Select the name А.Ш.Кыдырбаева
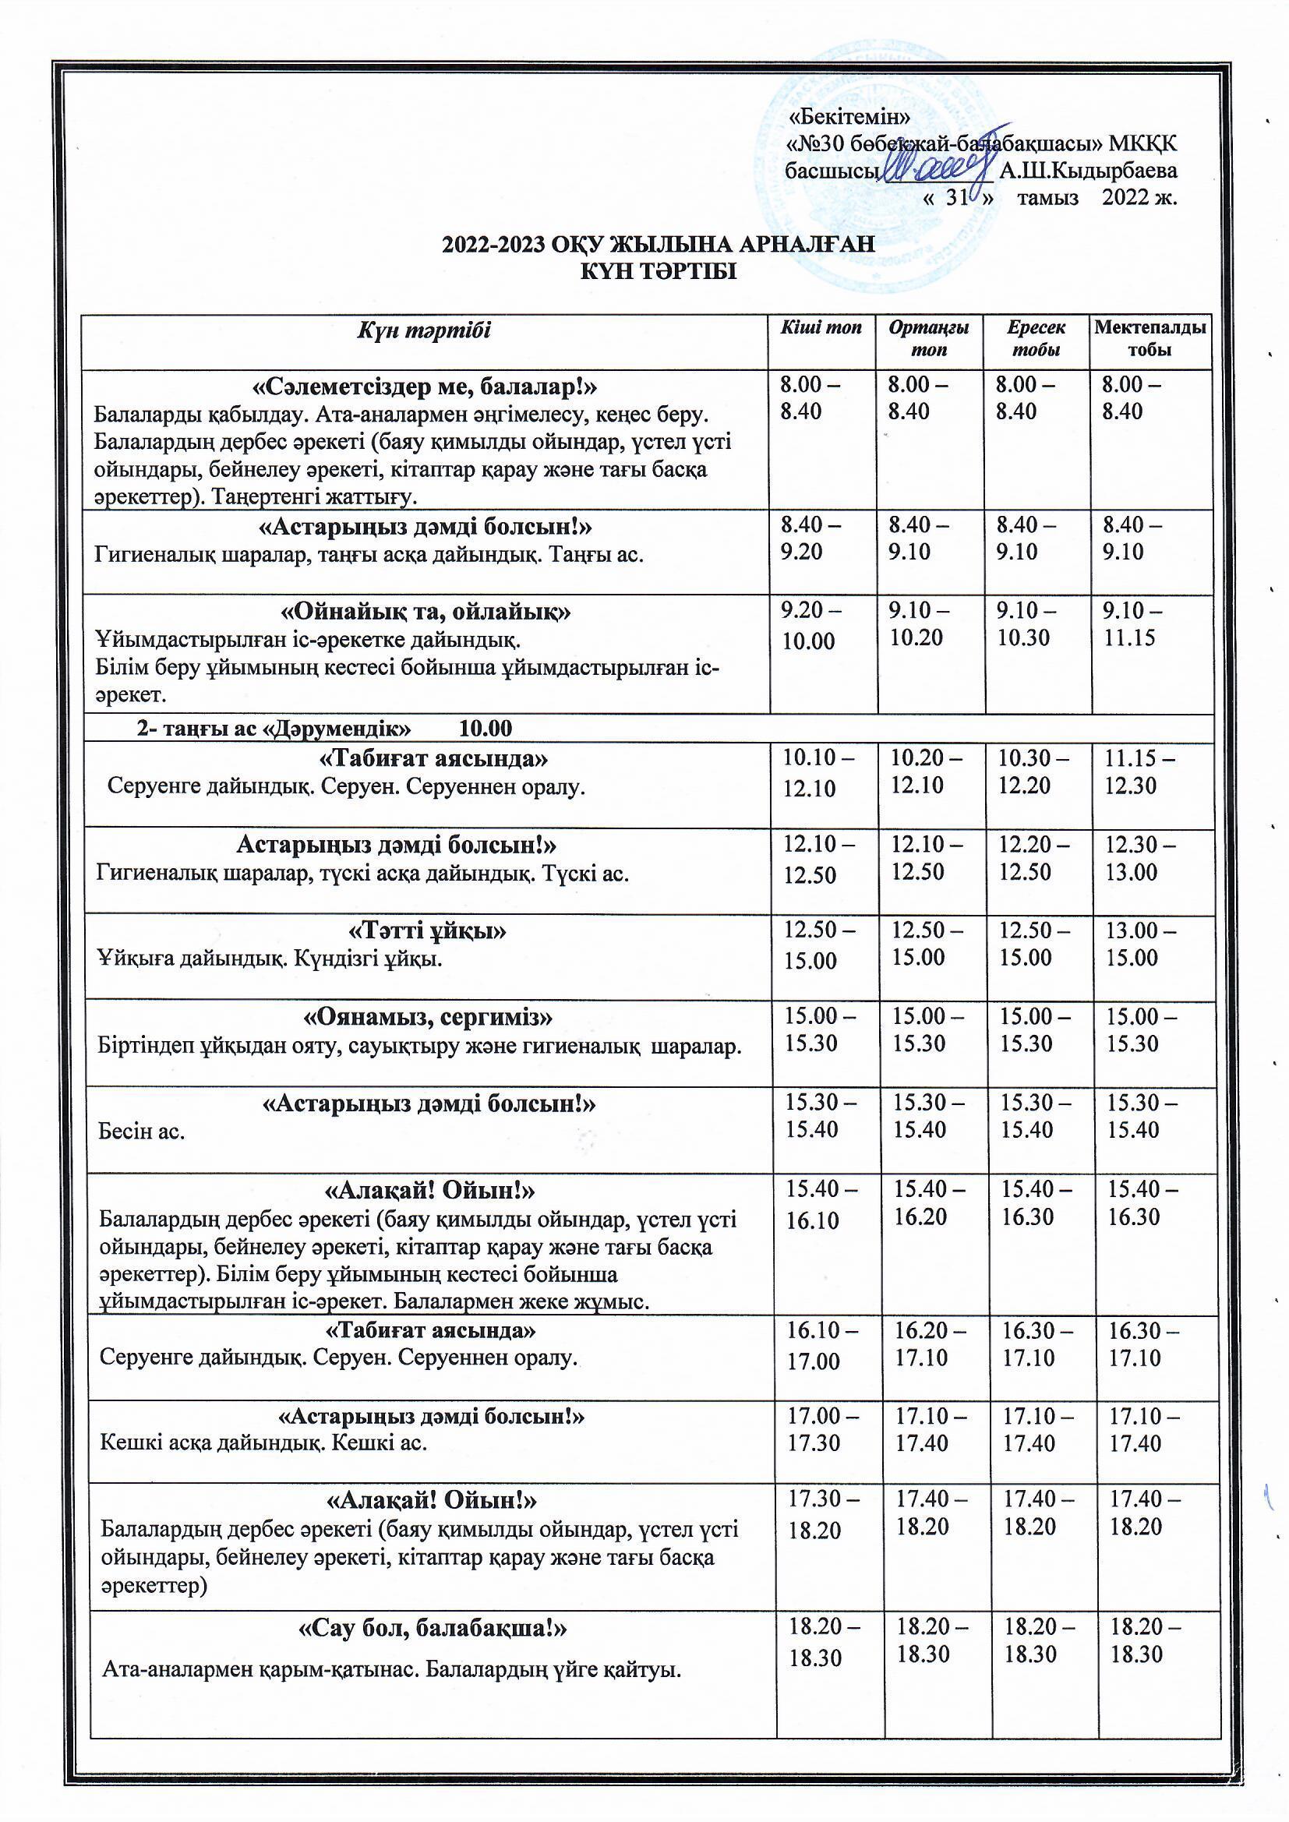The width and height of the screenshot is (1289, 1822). [1088, 171]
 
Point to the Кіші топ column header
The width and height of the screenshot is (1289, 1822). [821, 328]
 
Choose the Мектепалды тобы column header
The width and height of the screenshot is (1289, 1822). [1150, 338]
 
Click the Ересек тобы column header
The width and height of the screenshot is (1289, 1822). [1036, 338]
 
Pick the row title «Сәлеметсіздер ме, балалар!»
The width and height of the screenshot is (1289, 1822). [425, 387]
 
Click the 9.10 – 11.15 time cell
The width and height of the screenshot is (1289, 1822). [1132, 623]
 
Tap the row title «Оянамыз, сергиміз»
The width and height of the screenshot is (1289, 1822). [429, 1016]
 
